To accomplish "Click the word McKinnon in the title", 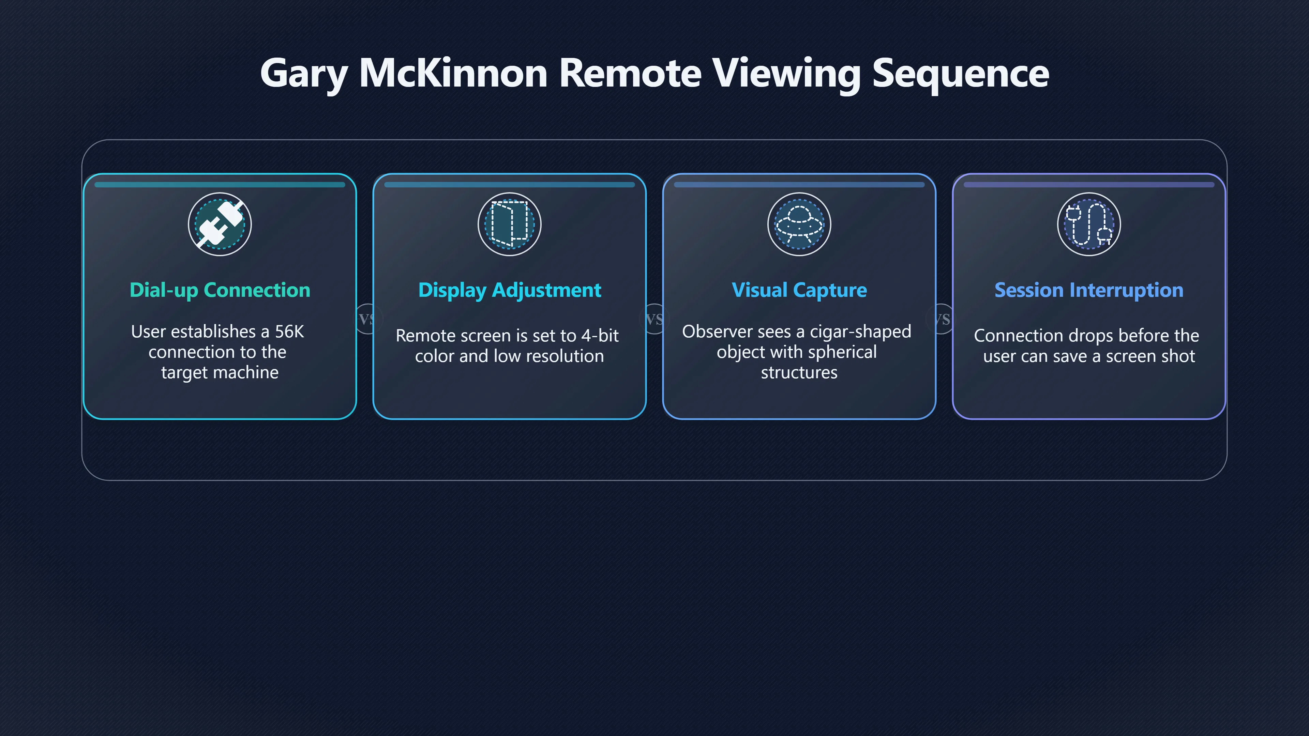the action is pyautogui.click(x=453, y=73).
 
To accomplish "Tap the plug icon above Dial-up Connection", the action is pyautogui.click(x=220, y=224).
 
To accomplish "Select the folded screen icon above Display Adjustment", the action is pyautogui.click(x=509, y=224).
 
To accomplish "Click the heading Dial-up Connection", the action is pyautogui.click(x=220, y=290).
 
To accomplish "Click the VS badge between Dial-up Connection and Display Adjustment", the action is pyautogui.click(x=366, y=319).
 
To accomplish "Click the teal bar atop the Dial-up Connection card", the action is pyautogui.click(x=220, y=185).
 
